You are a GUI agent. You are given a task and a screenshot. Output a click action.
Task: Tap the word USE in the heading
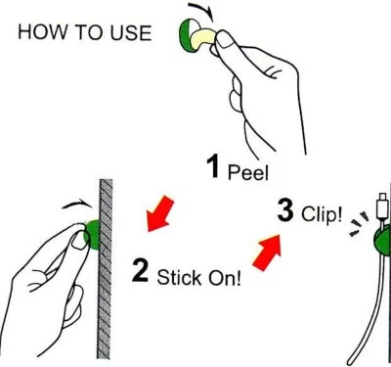pyautogui.click(x=127, y=34)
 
